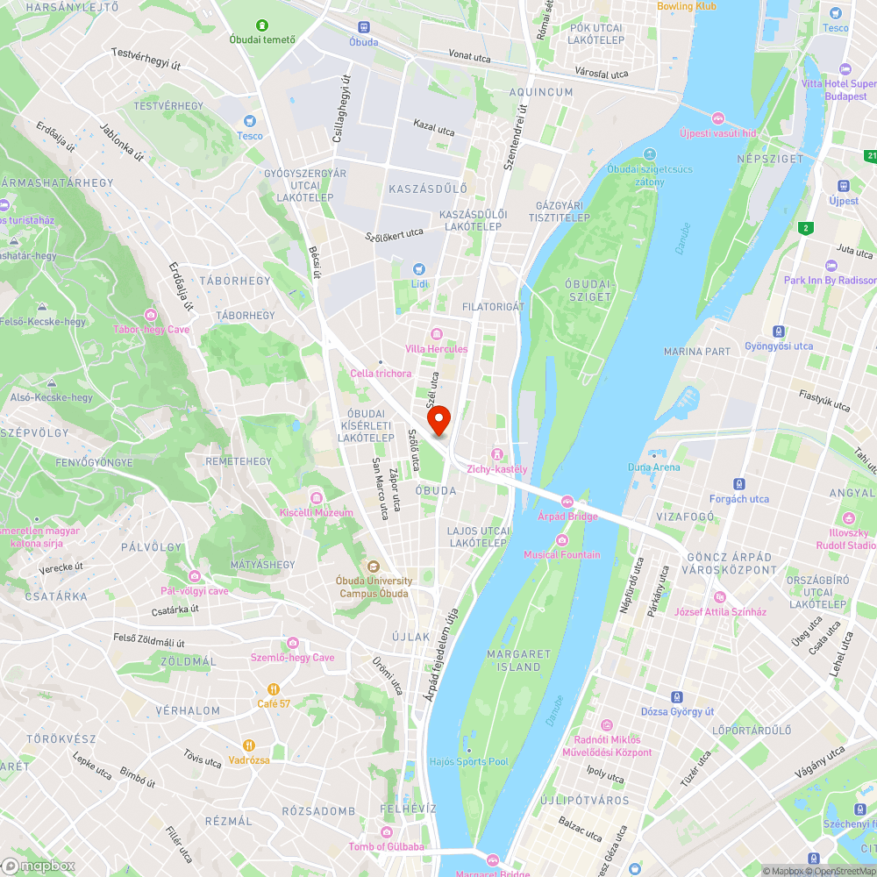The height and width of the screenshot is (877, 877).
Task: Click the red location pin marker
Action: point(438,420)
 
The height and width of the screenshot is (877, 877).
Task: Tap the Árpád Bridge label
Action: point(567,517)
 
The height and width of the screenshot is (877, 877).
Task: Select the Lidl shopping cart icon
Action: point(419,269)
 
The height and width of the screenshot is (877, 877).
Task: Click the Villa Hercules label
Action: point(436,349)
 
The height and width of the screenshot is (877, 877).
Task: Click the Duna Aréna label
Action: point(653,467)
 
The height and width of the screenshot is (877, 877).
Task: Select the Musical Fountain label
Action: point(562,554)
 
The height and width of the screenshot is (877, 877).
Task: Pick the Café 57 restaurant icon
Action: point(274,688)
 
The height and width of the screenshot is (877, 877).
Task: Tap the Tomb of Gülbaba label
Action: point(386,846)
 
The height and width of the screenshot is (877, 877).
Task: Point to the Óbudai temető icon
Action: point(261,25)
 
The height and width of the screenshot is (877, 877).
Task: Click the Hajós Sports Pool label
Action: point(468,761)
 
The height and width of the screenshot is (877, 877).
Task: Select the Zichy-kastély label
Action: point(497,468)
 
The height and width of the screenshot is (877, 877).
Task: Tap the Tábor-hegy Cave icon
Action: point(151,315)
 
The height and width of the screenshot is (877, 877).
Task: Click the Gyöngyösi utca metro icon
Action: point(778,332)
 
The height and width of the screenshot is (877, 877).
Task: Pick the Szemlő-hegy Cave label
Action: point(293,658)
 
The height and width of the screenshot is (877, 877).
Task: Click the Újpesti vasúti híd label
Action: point(717,133)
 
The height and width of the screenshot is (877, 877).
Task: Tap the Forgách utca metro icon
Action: point(739,484)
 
